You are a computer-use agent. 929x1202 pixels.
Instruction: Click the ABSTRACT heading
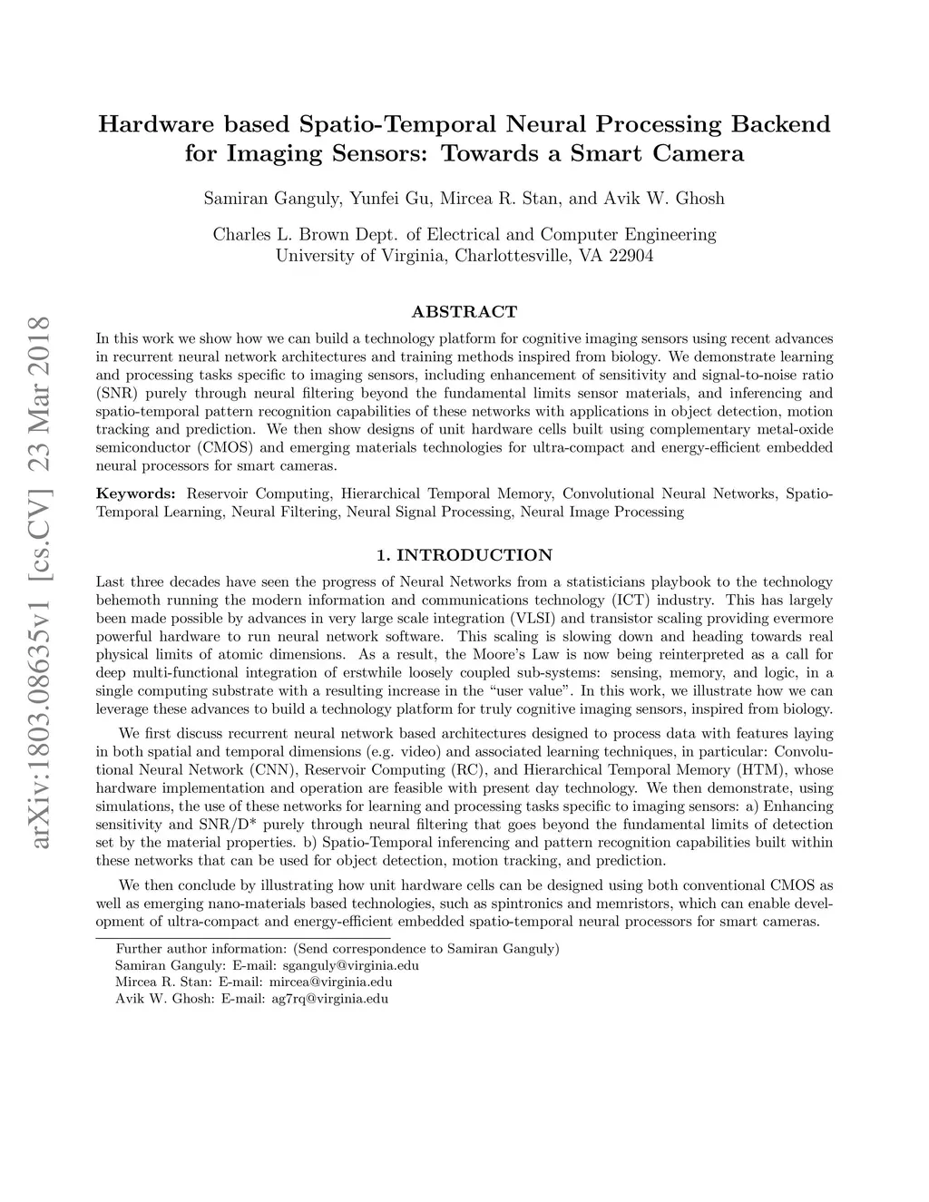coord(464,312)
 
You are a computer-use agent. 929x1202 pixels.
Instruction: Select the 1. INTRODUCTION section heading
coord(464,555)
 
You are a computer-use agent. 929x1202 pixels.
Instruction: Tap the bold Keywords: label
coord(136,494)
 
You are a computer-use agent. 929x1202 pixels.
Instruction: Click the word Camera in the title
coord(698,153)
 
